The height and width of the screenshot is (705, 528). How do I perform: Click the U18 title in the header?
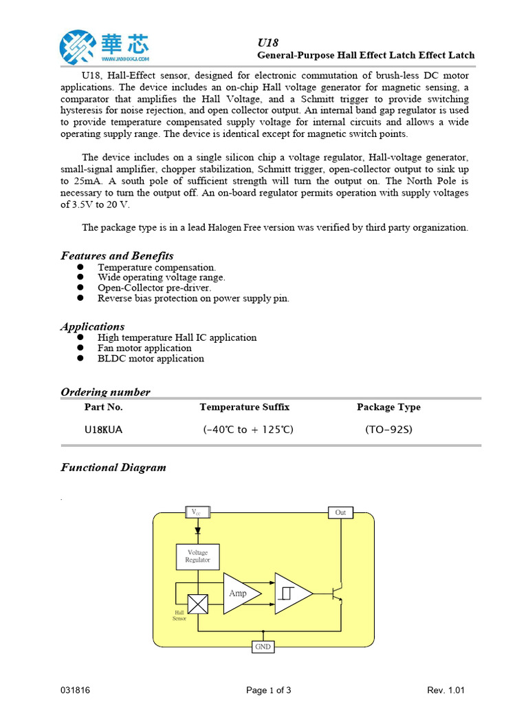267,43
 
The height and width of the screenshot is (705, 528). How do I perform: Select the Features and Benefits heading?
117,255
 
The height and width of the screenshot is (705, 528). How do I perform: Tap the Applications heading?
93,326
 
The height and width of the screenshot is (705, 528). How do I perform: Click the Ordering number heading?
105,392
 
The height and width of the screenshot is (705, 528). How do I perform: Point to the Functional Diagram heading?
113,467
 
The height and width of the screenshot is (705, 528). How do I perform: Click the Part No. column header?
103,407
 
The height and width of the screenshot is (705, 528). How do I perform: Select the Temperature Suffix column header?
244,407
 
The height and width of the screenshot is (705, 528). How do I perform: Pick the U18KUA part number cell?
104,430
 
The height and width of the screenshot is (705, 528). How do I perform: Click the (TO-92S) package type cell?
388,430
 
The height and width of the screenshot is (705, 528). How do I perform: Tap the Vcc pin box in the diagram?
198,512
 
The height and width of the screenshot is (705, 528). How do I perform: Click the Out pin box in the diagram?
340,512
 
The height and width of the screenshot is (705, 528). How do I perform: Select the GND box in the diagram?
263,647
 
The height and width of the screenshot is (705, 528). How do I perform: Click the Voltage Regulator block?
198,556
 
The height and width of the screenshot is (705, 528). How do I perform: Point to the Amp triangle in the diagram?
241,593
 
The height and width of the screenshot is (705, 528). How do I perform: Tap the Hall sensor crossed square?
198,604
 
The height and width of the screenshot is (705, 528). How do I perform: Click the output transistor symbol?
338,593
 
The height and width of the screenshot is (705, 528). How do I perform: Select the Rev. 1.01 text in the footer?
446,690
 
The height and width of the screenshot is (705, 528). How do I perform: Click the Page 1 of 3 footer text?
269,690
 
